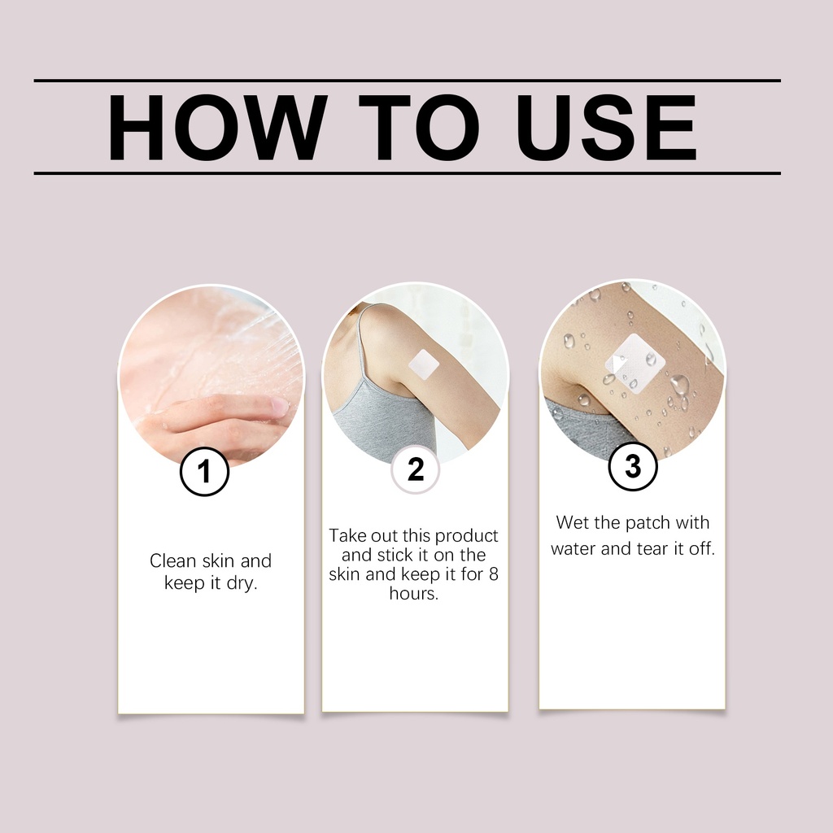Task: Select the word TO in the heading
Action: pyautogui.click(x=419, y=128)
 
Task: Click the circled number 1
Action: pyautogui.click(x=204, y=471)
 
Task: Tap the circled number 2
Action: pyautogui.click(x=416, y=469)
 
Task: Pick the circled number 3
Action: pyautogui.click(x=633, y=466)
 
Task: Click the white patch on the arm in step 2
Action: pyautogui.click(x=423, y=366)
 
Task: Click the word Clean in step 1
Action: pyautogui.click(x=172, y=560)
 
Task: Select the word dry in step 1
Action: pyautogui.click(x=242, y=583)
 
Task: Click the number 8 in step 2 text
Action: pyautogui.click(x=494, y=574)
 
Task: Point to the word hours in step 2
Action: pyautogui.click(x=414, y=593)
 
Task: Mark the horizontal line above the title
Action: pyautogui.click(x=408, y=81)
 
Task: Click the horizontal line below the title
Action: pyautogui.click(x=408, y=173)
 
